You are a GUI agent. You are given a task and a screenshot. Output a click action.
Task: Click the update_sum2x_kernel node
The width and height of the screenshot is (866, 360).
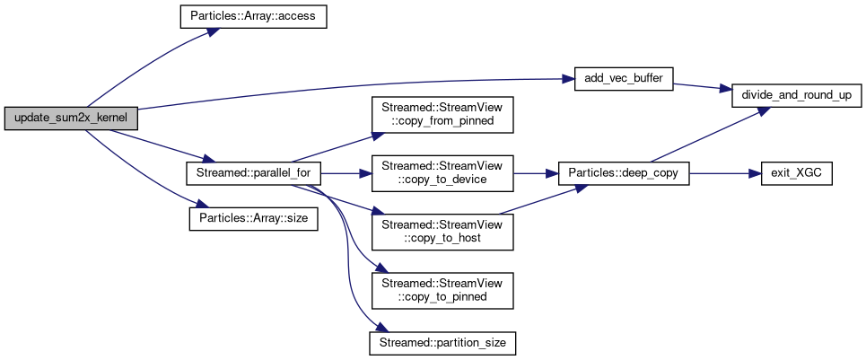pos(71,119)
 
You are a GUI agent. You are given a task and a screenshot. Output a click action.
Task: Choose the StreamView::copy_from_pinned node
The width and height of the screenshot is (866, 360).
pos(442,113)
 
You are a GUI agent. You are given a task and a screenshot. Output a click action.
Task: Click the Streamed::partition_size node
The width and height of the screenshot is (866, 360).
pos(442,342)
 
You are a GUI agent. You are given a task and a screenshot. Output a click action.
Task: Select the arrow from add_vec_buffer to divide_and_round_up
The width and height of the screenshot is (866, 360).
pos(704,86)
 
